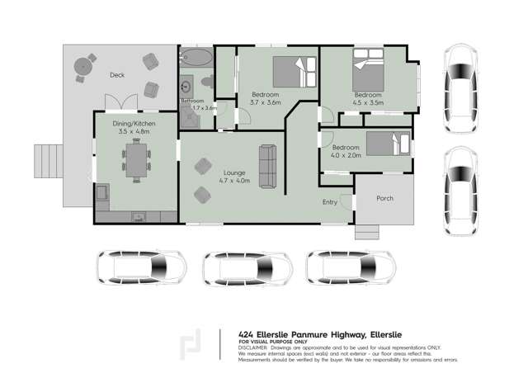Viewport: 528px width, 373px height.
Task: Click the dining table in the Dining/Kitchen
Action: (134, 159)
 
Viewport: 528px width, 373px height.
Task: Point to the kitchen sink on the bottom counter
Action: (137, 216)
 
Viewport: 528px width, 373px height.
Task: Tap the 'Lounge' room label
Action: (233, 172)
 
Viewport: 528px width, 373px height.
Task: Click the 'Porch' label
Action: (384, 198)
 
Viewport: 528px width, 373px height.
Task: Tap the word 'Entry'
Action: (330, 201)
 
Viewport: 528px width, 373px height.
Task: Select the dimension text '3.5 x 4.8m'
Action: (133, 130)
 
